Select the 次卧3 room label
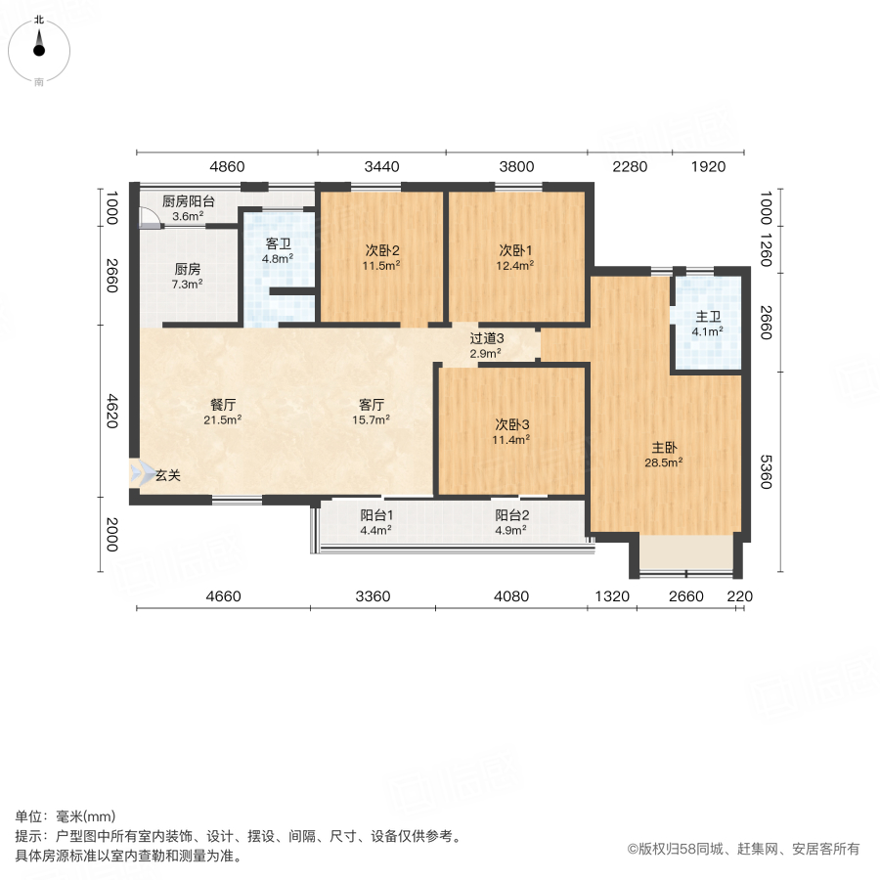(x=511, y=424)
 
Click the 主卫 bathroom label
(x=708, y=317)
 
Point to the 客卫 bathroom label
(x=278, y=244)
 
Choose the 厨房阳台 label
(x=188, y=201)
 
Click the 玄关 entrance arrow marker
(x=136, y=475)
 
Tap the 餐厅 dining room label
(x=223, y=404)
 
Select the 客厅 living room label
(x=372, y=404)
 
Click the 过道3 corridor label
(x=486, y=337)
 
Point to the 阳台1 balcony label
(x=376, y=515)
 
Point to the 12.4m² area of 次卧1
(x=516, y=265)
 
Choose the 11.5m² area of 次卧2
(x=382, y=265)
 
